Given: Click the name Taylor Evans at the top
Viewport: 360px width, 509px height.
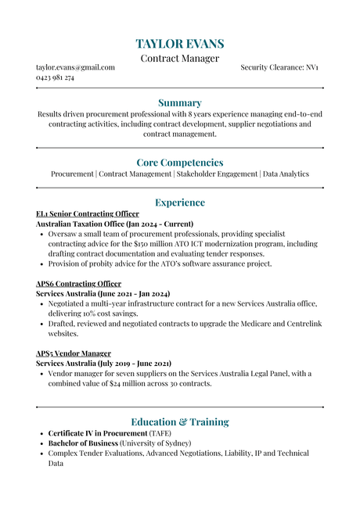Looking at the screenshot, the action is (x=180, y=44).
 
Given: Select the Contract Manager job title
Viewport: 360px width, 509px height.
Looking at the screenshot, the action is (x=180, y=59).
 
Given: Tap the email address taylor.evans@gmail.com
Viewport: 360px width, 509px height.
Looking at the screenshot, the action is (x=75, y=68).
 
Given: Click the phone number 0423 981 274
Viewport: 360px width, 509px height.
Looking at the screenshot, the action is (x=55, y=78).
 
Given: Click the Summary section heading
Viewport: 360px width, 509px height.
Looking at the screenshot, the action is (x=180, y=102).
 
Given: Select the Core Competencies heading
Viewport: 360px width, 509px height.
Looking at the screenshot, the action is (x=180, y=163).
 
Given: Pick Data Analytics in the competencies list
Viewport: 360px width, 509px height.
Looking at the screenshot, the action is (x=286, y=174).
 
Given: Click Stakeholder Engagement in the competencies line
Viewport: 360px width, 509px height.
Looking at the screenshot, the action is (x=217, y=174).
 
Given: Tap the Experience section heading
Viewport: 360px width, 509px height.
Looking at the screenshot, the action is (x=180, y=203).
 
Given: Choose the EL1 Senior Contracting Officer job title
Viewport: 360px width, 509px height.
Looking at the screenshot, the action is (x=88, y=214).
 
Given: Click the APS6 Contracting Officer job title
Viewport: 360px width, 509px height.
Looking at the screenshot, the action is (x=79, y=284).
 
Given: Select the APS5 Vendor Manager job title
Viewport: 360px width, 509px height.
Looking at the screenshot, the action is (x=74, y=353).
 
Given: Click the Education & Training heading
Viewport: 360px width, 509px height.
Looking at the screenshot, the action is (x=180, y=422).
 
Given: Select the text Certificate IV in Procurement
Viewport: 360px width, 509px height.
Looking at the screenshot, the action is (x=97, y=433).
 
